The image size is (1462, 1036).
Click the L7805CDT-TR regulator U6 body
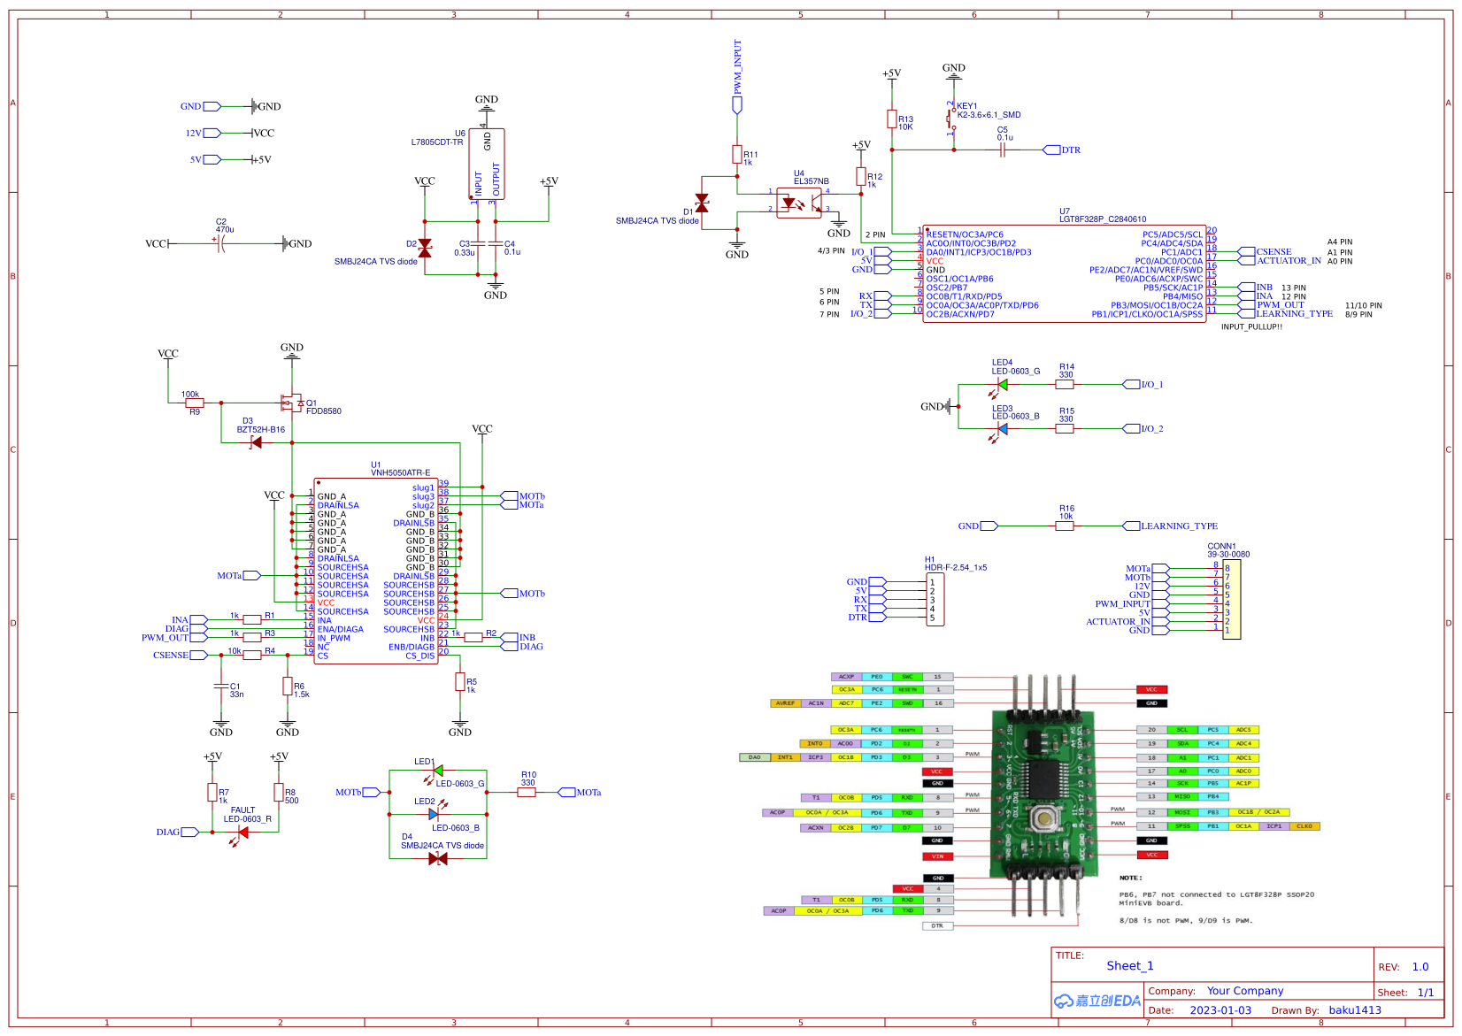pos(487,165)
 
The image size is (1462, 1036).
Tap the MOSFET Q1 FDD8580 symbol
pos(290,403)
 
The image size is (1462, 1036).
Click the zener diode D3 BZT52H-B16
pos(256,442)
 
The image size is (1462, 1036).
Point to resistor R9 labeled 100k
pos(194,403)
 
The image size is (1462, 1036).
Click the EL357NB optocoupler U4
pos(799,202)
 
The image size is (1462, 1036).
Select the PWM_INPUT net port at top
pos(737,104)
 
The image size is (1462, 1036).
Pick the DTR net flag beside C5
pos(1052,150)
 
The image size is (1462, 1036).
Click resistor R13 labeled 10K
pos(892,119)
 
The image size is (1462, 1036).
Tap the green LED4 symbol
pos(1002,384)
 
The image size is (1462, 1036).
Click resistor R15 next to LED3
pos(1065,428)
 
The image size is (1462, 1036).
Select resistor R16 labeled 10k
pos(1065,526)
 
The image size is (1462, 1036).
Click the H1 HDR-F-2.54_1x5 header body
pos(935,600)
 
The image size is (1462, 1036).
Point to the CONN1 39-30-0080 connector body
pos(1232,599)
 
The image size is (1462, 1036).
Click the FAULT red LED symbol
pos(242,833)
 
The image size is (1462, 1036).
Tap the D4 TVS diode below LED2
pos(437,858)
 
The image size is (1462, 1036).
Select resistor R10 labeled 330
pos(527,792)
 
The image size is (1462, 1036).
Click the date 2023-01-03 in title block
pos(1220,1010)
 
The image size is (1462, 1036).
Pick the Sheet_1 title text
pos(1129,965)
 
